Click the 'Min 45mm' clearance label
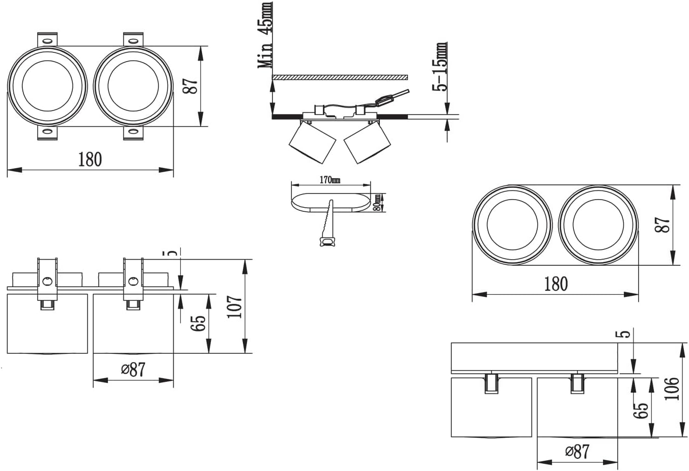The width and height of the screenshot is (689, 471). [265, 35]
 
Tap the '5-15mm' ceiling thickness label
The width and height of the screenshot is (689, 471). [440, 67]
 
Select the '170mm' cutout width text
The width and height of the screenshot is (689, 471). [329, 180]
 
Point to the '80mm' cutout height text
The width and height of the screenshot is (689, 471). [377, 202]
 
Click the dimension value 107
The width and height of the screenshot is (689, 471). [234, 306]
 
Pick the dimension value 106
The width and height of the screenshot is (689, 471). [672, 389]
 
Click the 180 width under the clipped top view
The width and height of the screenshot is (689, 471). [90, 159]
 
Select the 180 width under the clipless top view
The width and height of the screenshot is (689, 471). [556, 284]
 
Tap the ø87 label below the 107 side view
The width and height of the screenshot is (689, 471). [133, 369]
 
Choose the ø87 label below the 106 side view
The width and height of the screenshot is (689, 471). [577, 452]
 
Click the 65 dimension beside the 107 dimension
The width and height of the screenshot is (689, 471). [200, 323]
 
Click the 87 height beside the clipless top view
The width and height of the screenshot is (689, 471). [662, 225]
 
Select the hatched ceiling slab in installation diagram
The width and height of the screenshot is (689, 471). [340, 77]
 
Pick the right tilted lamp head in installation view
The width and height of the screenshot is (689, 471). [367, 143]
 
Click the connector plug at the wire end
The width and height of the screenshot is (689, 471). [383, 100]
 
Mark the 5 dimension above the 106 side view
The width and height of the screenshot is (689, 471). [626, 334]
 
